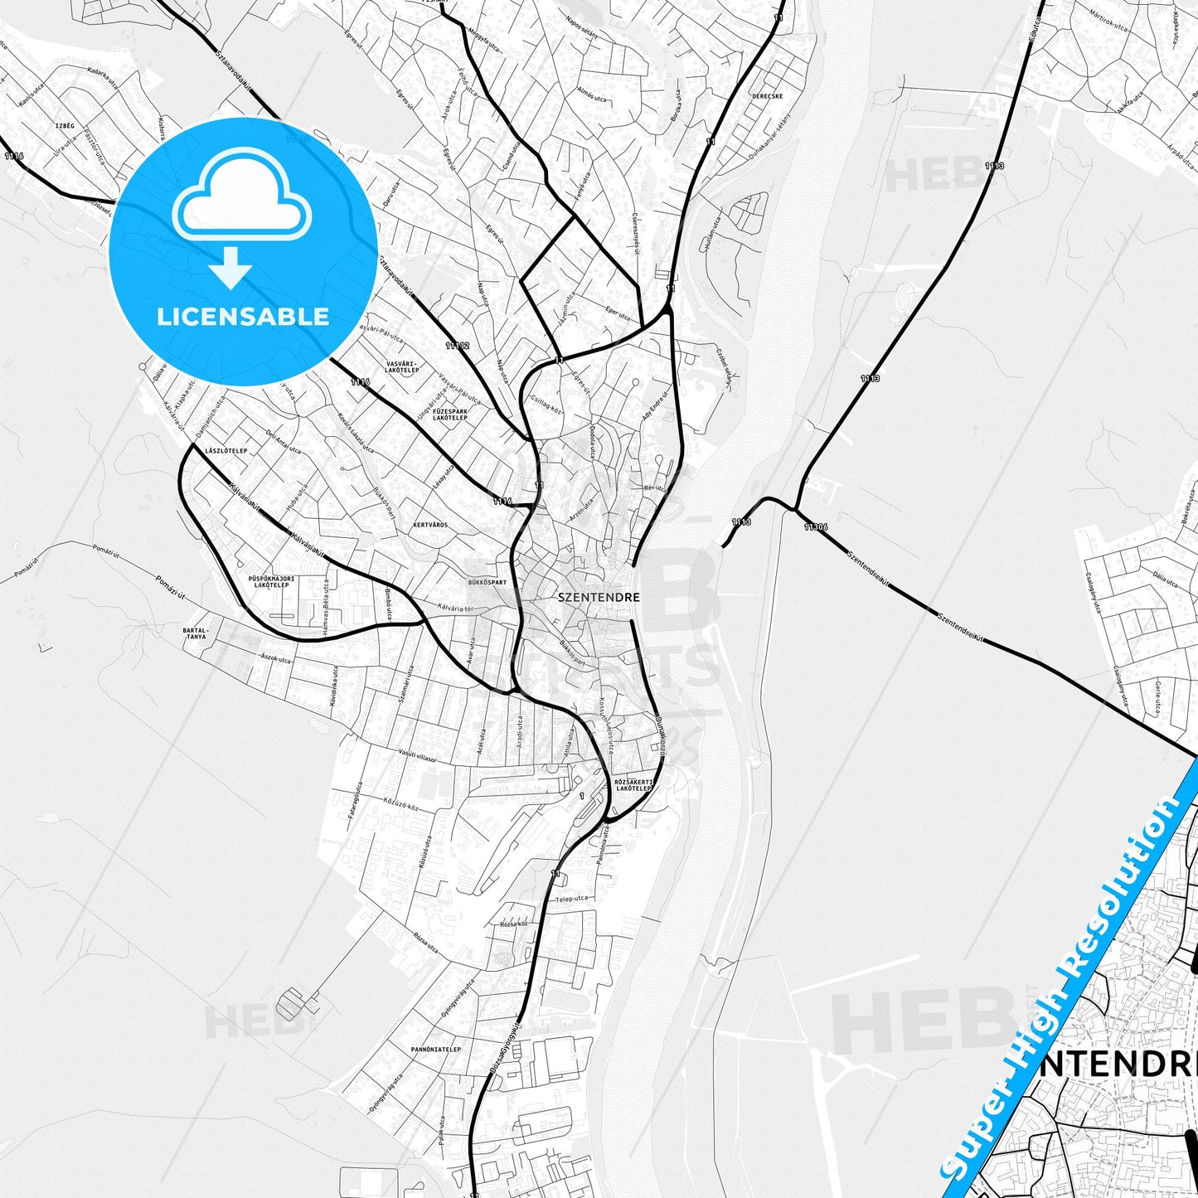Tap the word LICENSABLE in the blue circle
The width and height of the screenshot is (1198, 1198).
[x=243, y=317]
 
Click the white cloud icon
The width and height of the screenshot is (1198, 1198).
[x=241, y=197]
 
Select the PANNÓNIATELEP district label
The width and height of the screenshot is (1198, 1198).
[x=435, y=1050]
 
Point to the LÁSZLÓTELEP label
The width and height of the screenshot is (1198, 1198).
[x=226, y=451]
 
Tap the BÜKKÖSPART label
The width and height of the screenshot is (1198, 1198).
[x=487, y=582]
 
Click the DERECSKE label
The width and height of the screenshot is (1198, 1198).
[x=767, y=96]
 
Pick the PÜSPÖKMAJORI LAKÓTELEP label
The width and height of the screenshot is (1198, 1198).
[x=271, y=581]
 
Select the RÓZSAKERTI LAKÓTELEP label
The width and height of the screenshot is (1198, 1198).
[x=635, y=784]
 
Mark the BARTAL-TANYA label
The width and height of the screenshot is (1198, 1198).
[x=195, y=633]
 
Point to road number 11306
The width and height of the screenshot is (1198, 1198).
[x=815, y=526]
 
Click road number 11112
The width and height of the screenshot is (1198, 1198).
[x=457, y=345]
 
